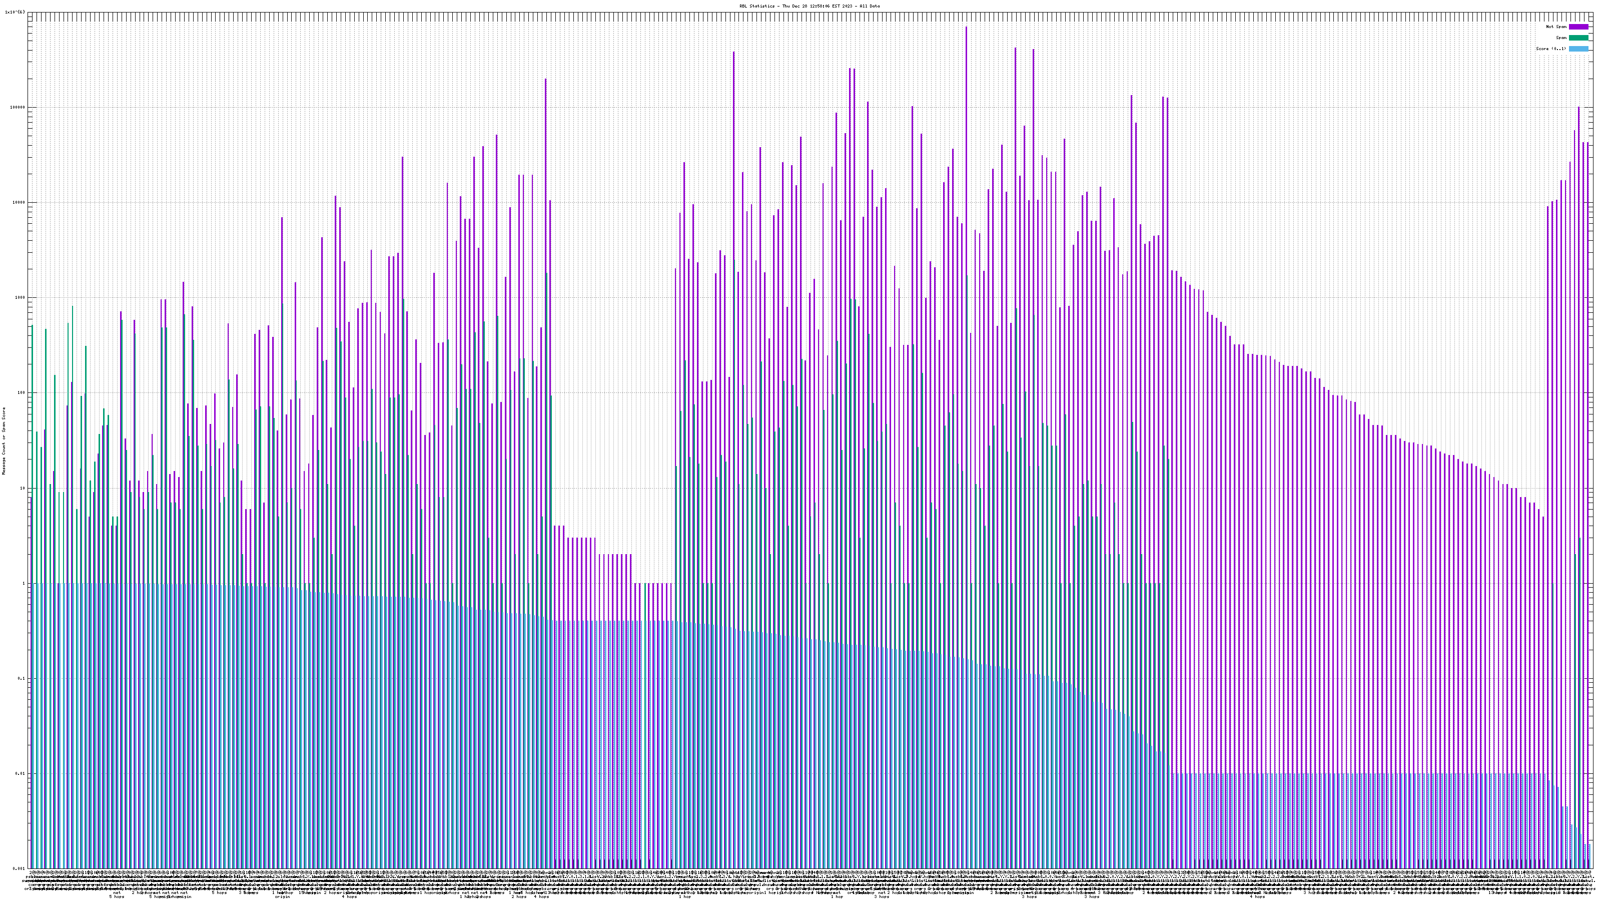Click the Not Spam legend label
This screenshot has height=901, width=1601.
pyautogui.click(x=1556, y=27)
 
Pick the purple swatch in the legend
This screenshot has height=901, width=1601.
pyautogui.click(x=1578, y=27)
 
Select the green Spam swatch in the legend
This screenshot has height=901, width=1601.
pyautogui.click(x=1578, y=38)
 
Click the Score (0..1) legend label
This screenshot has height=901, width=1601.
pyautogui.click(x=1551, y=49)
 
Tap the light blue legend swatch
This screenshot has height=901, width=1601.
pyautogui.click(x=1578, y=49)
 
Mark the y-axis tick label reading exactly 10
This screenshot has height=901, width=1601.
pyautogui.click(x=24, y=488)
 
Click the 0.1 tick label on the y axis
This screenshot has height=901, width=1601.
pyautogui.click(x=23, y=678)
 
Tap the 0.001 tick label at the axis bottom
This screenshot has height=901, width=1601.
pyautogui.click(x=20, y=868)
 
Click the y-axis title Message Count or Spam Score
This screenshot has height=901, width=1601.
pyautogui.click(x=4, y=441)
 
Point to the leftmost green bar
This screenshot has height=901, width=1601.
pyautogui.click(x=33, y=560)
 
